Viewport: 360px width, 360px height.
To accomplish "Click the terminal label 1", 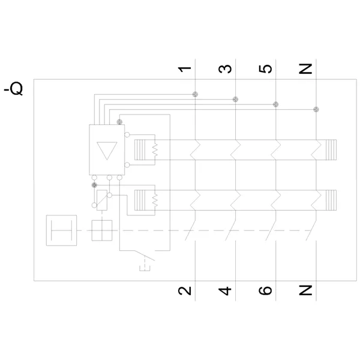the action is point(184,69).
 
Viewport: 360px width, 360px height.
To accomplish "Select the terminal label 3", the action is point(225,69).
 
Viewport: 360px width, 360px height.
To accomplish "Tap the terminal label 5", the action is point(265,69).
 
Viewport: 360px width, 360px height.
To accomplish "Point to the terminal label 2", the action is point(185,290).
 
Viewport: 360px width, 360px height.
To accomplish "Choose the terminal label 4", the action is point(225,290).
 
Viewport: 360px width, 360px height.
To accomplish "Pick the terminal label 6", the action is point(265,290).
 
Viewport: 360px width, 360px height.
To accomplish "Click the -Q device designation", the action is point(13,89).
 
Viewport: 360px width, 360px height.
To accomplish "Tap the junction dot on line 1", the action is point(195,94).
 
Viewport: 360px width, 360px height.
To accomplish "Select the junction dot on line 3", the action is point(235,100).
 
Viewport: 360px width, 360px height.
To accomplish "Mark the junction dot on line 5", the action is point(276,104).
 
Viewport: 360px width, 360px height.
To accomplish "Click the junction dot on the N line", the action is point(316,110).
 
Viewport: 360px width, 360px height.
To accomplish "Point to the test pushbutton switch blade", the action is point(145,256).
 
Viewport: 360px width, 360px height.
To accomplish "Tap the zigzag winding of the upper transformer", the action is point(155,149).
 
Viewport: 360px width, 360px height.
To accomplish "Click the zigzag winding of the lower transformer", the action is point(155,200).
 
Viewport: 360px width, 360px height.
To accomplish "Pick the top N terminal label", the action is point(305,69).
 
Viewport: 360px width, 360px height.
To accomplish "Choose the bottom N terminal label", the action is point(305,290).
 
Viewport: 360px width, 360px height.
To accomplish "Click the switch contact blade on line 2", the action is point(190,230).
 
